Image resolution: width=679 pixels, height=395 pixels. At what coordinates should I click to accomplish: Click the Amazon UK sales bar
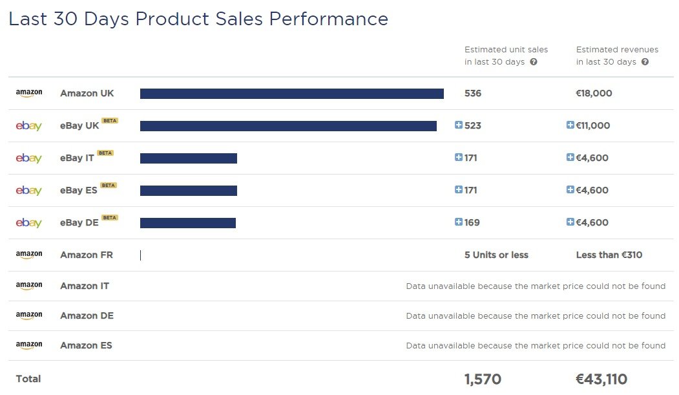[x=291, y=94]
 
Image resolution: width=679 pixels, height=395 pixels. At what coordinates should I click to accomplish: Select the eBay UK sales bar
[x=288, y=126]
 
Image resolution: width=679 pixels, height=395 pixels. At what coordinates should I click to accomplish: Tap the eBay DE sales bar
[x=188, y=223]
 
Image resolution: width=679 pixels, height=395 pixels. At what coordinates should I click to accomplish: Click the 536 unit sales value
[x=473, y=93]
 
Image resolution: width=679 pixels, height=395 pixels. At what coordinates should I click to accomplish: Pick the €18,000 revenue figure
[x=594, y=93]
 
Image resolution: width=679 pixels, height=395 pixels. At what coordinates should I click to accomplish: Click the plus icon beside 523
[x=459, y=125]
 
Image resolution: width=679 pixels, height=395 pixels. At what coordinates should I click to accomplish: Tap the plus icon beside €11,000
[x=570, y=125]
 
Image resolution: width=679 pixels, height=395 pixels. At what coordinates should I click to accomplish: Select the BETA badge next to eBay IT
[x=105, y=153]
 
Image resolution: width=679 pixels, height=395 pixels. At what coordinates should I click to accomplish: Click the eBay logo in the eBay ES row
[x=29, y=191]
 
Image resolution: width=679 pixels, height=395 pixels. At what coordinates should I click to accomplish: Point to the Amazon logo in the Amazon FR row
[x=29, y=255]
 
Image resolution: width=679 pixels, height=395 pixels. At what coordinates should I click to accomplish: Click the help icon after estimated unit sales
[x=534, y=62]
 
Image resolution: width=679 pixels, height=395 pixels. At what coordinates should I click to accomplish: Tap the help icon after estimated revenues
[x=645, y=62]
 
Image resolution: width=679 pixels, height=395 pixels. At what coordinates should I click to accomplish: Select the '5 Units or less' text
[x=496, y=255]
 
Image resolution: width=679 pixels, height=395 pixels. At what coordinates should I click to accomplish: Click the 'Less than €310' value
[x=609, y=255]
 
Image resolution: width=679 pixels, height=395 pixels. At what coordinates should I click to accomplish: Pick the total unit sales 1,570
[x=483, y=379]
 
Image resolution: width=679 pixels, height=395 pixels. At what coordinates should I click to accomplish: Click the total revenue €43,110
[x=601, y=379]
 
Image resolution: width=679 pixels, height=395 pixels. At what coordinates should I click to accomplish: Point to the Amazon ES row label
[x=86, y=345]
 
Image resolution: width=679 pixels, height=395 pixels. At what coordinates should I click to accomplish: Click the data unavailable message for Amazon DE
[x=536, y=316]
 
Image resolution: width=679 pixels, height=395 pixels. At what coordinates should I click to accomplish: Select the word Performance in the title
[x=328, y=19]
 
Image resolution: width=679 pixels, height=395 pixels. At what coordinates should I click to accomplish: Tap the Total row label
[x=28, y=379]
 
